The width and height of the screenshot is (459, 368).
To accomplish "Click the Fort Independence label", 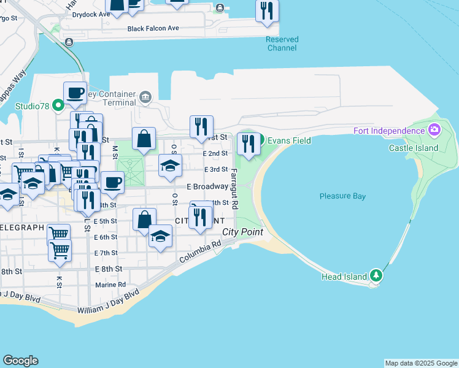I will [x=389, y=130].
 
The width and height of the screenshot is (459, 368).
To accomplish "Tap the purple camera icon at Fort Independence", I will [x=434, y=129].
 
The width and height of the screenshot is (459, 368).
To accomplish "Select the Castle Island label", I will [x=414, y=148].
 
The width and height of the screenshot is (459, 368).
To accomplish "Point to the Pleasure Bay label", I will [x=342, y=196].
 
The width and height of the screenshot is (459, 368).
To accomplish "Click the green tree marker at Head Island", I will [x=376, y=276].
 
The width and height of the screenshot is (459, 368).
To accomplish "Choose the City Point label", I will [x=242, y=232].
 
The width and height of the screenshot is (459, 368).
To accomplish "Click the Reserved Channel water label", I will [x=282, y=44].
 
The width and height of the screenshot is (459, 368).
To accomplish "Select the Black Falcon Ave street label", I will [x=153, y=29].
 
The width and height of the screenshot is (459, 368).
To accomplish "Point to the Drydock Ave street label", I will [x=91, y=13].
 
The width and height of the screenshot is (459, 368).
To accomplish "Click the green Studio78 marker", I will [x=58, y=106].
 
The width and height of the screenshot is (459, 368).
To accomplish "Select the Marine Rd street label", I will [x=110, y=285].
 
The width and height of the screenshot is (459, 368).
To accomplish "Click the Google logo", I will [x=20, y=361].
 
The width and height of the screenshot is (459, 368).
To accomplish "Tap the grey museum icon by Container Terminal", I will [x=145, y=96].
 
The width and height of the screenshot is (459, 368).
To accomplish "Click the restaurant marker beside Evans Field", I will [x=248, y=144].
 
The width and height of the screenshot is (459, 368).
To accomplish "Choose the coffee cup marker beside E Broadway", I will [x=112, y=182].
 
